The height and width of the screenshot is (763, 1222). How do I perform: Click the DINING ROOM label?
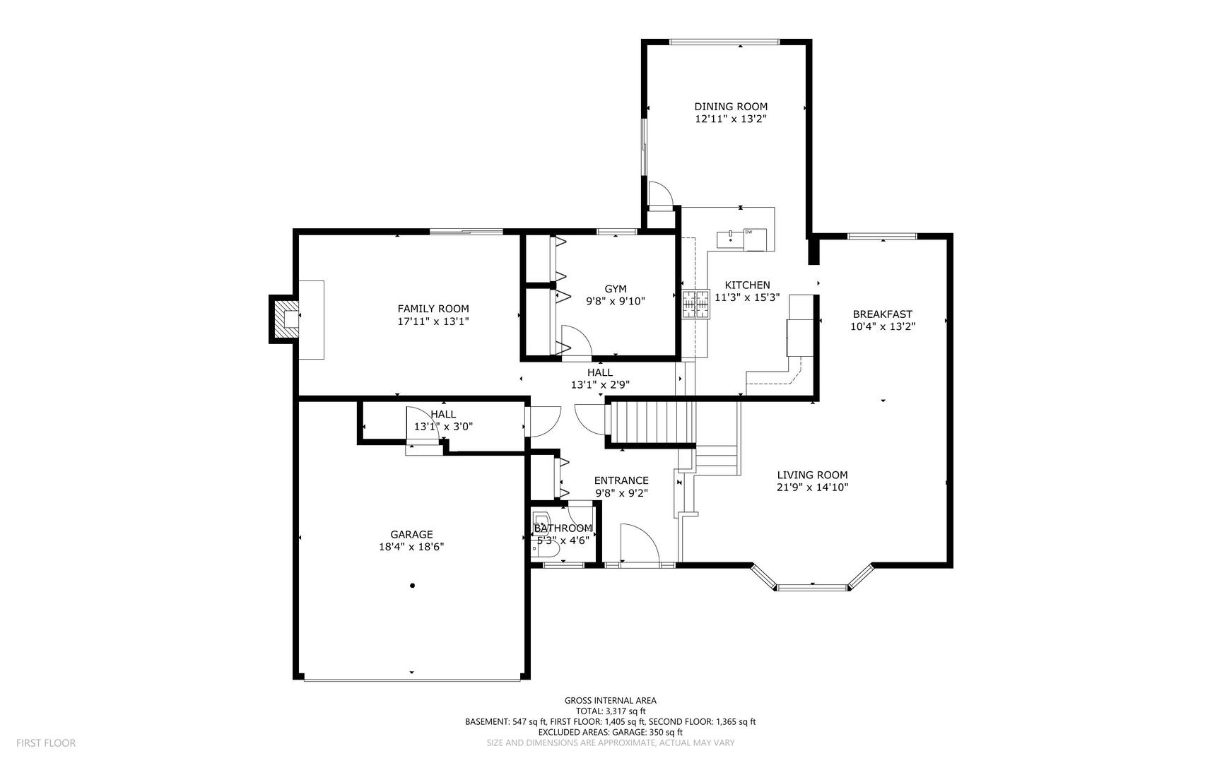731,107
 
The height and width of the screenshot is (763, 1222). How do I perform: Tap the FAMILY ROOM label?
433,309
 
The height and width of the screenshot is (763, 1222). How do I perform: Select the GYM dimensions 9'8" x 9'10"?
616,301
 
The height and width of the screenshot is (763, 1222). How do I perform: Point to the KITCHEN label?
747,285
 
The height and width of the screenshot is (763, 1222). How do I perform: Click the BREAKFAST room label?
883,314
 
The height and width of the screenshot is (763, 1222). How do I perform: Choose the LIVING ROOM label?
813,475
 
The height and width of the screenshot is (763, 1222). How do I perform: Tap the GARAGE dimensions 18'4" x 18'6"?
411,547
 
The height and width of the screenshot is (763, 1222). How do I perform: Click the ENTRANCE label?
621,481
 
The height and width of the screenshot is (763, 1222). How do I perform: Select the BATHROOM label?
563,528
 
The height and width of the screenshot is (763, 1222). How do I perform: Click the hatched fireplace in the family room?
288,320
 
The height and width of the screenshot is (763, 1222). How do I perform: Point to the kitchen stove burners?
695,304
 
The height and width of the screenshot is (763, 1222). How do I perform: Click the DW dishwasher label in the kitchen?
748,232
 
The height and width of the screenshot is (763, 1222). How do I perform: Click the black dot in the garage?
412,586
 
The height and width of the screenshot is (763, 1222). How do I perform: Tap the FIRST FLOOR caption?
46,743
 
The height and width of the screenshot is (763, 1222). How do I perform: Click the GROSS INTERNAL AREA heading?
610,701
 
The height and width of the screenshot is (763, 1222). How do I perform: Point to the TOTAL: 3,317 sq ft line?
611,711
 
